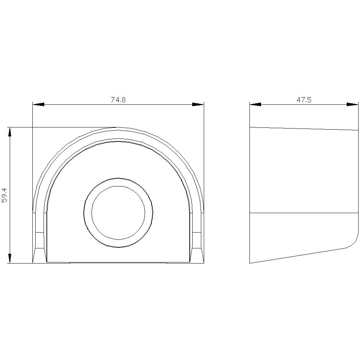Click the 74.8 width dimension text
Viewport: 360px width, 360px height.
(118, 100)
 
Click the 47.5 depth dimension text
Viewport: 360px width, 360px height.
(304, 100)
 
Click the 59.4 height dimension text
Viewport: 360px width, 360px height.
(5, 195)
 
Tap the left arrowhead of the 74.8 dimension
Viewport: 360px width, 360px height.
(38, 104)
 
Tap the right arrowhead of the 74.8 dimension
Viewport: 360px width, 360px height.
(198, 104)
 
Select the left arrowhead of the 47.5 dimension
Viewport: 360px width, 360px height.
(255, 104)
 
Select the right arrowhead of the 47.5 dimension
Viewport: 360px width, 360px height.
(352, 104)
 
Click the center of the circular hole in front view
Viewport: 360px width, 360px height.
(118, 212)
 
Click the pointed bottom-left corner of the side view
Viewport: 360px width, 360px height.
(250, 263)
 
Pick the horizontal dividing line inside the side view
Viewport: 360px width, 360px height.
(304, 213)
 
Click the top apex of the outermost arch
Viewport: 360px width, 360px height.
(118, 127)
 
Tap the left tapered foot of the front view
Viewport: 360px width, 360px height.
(40, 255)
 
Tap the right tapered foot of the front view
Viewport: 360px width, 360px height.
(197, 255)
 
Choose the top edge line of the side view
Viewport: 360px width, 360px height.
(304, 129)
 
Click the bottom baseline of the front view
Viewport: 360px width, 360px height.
(118, 263)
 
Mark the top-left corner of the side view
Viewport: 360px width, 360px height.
(250, 127)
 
